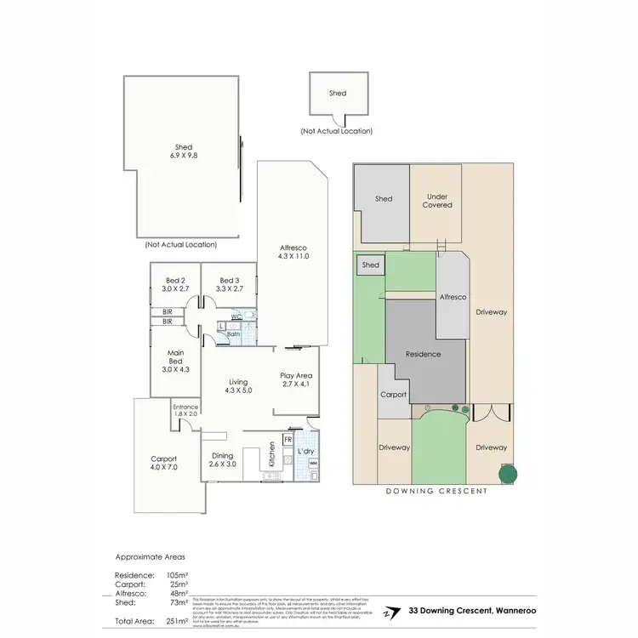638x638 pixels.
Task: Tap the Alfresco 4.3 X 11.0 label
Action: [x=293, y=251]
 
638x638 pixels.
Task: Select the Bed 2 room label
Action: [x=174, y=284]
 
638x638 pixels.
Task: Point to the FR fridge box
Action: [x=288, y=440]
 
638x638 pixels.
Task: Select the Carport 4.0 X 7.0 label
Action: [x=163, y=463]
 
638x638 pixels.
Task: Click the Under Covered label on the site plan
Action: [x=437, y=201]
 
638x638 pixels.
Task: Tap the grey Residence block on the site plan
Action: [x=423, y=354]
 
